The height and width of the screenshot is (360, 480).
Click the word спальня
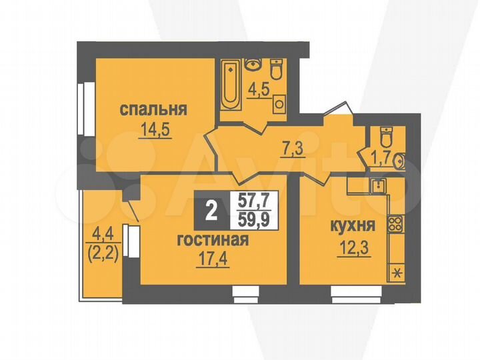[153, 109]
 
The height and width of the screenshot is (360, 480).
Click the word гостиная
[213, 240]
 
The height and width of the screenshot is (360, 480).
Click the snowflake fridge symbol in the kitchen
[397, 272]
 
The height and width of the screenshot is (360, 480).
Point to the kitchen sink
[378, 185]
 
